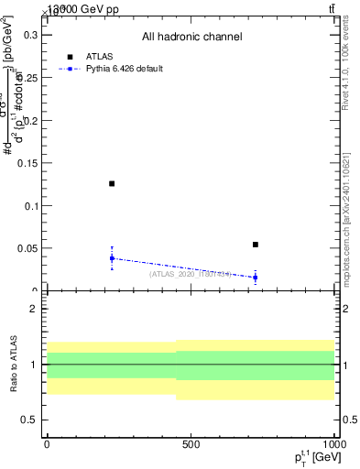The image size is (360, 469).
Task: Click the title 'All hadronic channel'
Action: (191, 37)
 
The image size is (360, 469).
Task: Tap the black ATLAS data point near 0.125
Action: (112, 184)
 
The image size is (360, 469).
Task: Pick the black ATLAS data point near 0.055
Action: (256, 245)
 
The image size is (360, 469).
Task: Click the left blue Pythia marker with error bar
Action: (112, 258)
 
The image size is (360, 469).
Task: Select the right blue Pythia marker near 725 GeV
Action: (256, 277)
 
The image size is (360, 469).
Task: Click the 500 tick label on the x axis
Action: (191, 443)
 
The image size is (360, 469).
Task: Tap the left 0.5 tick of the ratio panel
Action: (29, 420)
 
